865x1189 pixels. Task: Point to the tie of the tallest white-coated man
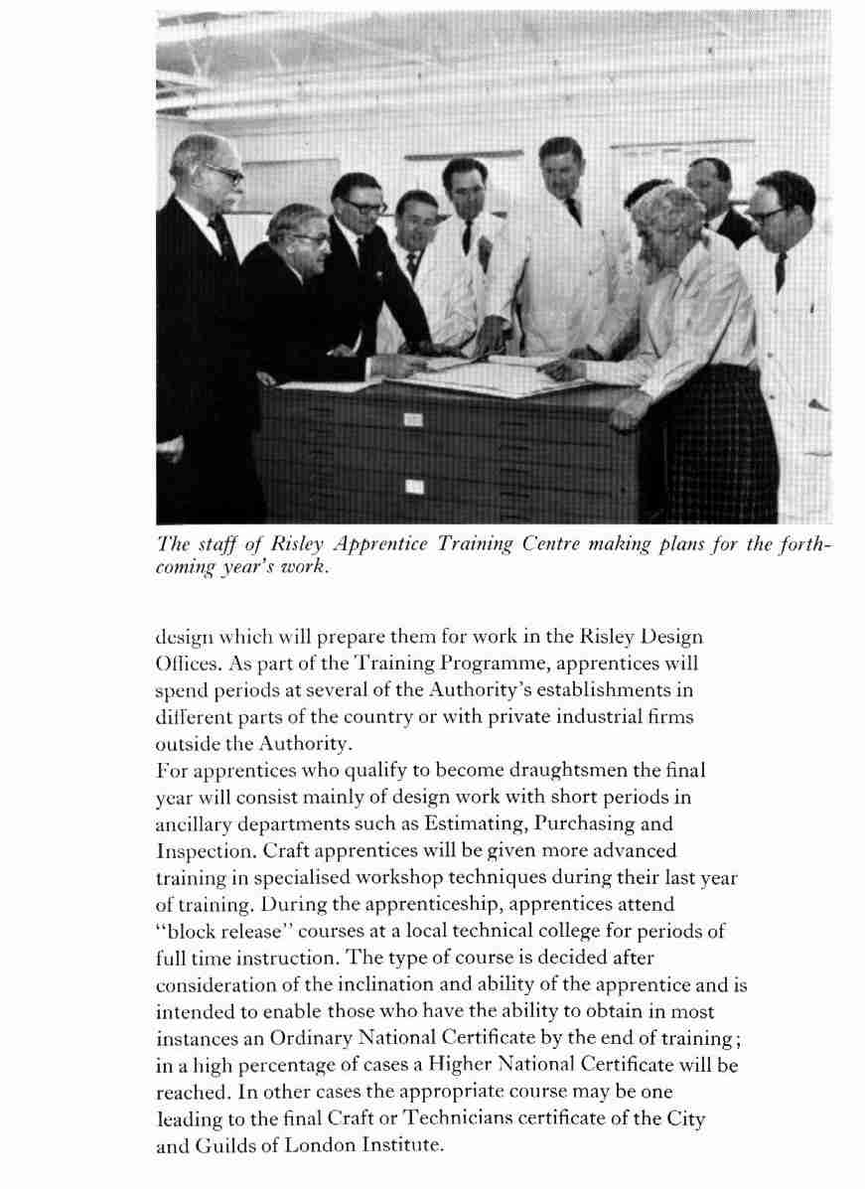(573, 210)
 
